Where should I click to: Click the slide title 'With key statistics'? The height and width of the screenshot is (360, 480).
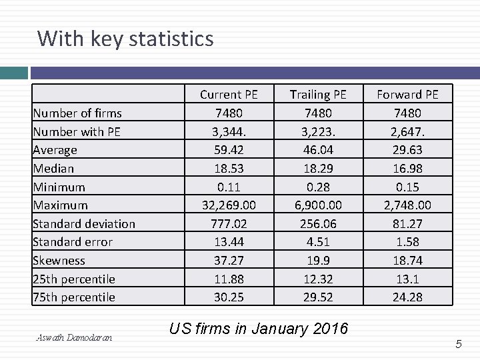[125, 39]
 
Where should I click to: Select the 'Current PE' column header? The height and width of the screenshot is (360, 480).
[229, 95]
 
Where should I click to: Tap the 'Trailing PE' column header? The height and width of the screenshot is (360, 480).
[318, 95]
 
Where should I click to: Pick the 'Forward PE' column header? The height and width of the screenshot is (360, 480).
[407, 95]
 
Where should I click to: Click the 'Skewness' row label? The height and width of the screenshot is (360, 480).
[59, 261]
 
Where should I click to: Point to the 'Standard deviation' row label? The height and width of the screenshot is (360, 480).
[84, 224]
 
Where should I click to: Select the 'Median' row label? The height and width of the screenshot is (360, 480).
[53, 169]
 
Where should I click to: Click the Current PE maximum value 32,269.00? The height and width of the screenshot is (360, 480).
[229, 205]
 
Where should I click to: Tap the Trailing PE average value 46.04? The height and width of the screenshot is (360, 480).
[318, 150]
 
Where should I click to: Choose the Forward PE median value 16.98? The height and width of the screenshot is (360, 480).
[407, 169]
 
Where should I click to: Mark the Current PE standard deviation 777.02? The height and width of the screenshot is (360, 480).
[229, 224]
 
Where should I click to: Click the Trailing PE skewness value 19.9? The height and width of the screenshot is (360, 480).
[318, 261]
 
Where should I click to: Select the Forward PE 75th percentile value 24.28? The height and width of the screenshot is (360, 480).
[407, 297]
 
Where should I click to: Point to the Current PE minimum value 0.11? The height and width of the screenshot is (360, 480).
[229, 187]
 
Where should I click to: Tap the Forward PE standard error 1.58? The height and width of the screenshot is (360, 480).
[407, 242]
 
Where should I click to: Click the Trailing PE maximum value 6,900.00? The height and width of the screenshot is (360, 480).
[318, 205]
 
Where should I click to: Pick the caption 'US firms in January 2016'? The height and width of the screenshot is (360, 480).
[259, 329]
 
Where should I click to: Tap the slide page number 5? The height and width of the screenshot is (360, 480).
[459, 344]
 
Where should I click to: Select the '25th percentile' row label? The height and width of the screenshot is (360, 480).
[74, 279]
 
